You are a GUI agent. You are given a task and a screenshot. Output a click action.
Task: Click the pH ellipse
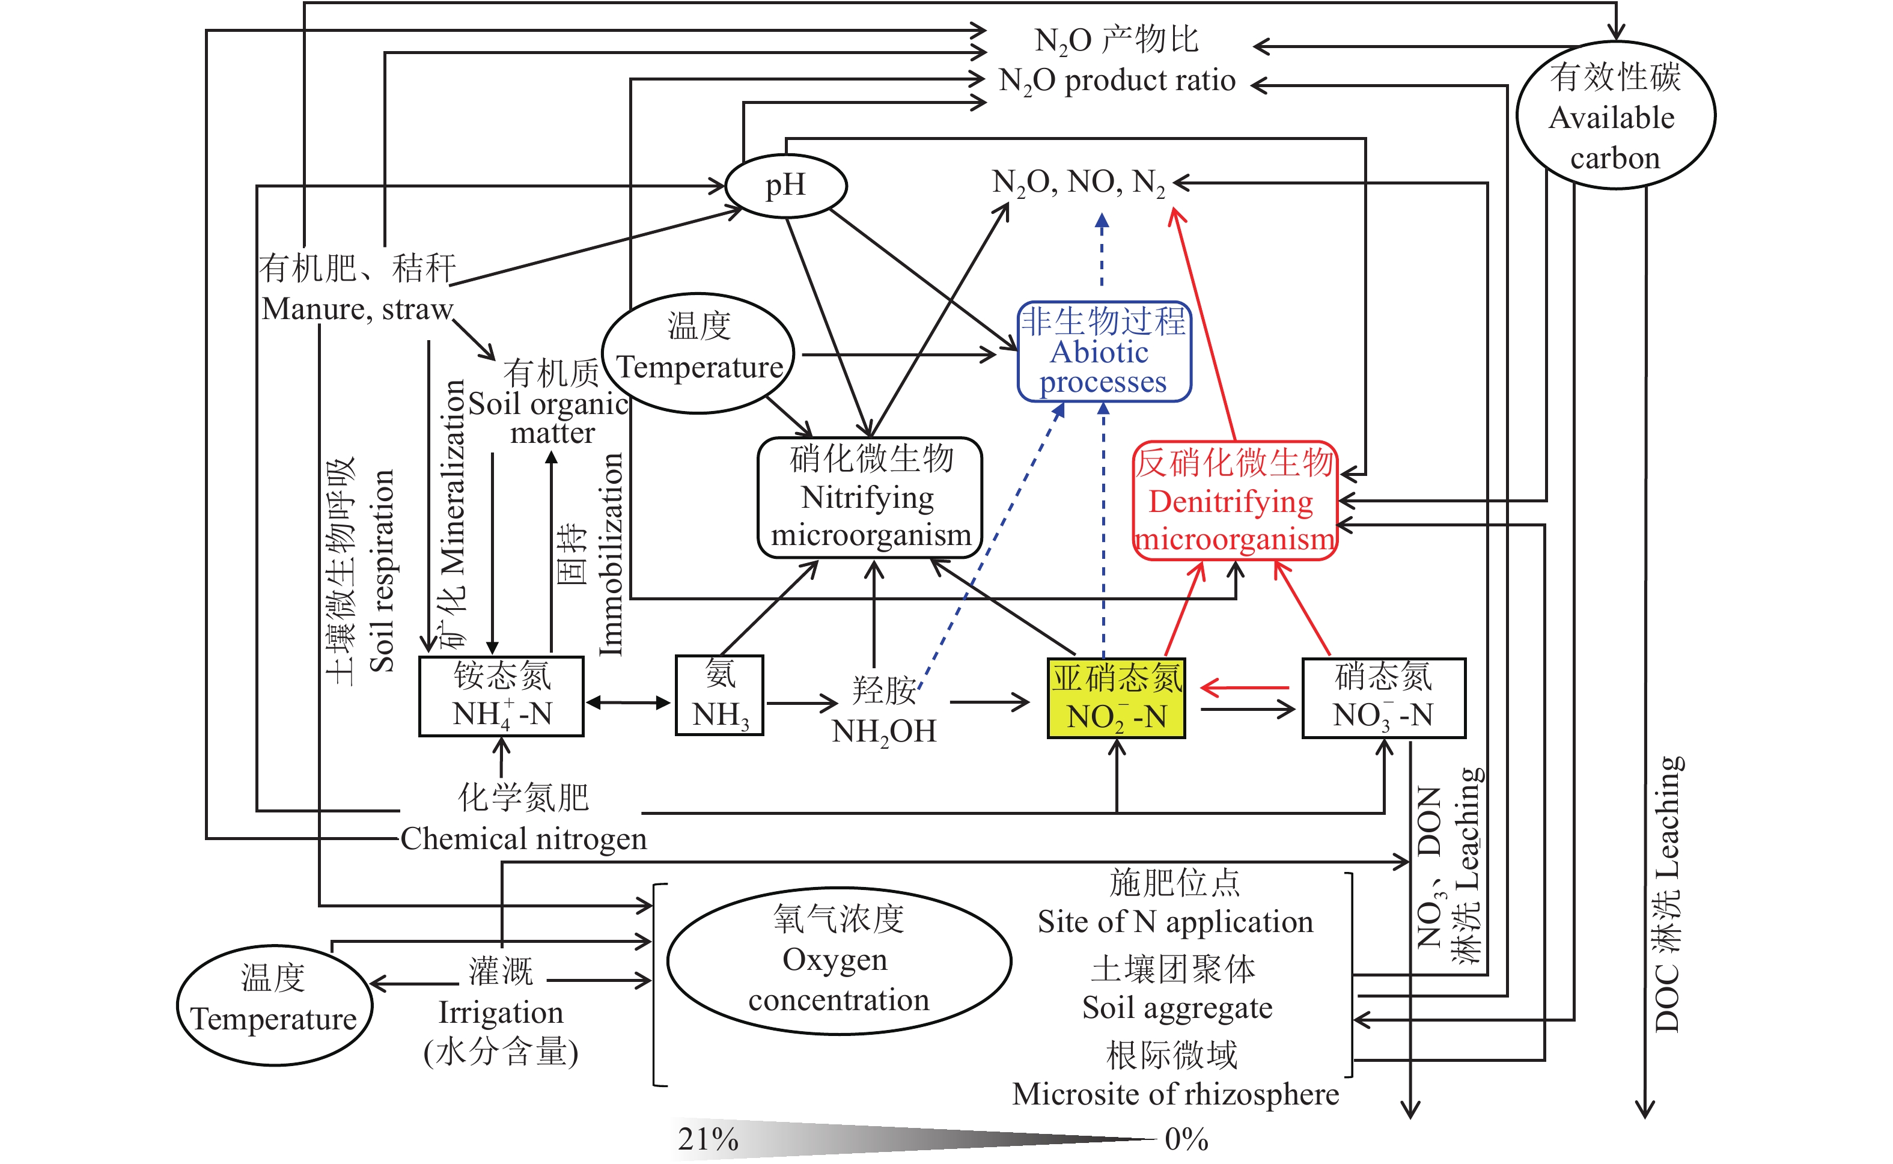(x=785, y=186)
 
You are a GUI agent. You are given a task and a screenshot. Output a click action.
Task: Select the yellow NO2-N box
(x=1115, y=698)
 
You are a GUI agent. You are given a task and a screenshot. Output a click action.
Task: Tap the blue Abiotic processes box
(x=1104, y=352)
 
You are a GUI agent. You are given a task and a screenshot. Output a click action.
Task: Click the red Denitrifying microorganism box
(x=1235, y=501)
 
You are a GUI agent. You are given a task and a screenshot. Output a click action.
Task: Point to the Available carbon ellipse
(x=1615, y=115)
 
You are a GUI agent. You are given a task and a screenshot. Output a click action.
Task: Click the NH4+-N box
(x=501, y=696)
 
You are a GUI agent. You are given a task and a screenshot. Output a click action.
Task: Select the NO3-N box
(x=1383, y=698)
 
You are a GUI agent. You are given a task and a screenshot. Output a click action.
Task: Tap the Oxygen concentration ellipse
(x=838, y=960)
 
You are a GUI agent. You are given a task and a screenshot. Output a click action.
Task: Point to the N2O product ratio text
(x=1116, y=80)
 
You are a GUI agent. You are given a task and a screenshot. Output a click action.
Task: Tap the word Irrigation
(x=501, y=1013)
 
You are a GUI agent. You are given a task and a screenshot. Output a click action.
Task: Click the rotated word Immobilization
(x=611, y=554)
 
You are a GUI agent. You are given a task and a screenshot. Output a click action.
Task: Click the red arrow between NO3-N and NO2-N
(x=1244, y=687)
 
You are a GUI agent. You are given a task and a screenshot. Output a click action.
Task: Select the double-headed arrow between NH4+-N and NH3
(x=628, y=702)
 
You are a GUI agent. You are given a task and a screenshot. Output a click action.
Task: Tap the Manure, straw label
(x=357, y=309)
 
